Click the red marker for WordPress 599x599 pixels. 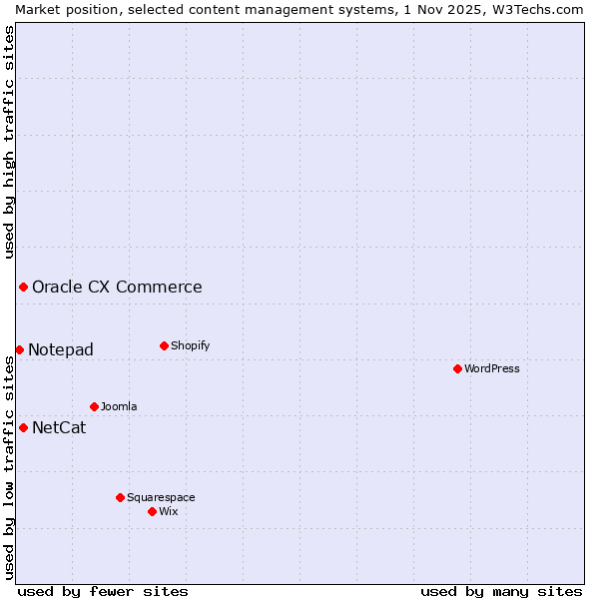click(x=457, y=368)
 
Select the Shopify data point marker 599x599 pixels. click(x=164, y=345)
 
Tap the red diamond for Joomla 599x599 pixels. click(x=94, y=406)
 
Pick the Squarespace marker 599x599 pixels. click(x=120, y=497)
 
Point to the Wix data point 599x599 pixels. click(x=152, y=511)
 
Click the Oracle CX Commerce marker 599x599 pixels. click(x=23, y=287)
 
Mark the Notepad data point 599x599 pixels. click(x=19, y=349)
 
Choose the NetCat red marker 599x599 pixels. click(x=23, y=427)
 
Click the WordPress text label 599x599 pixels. click(x=492, y=368)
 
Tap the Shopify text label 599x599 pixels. click(x=190, y=345)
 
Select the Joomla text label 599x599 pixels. click(x=119, y=406)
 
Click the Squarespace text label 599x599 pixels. click(x=161, y=497)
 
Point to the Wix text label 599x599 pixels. click(x=169, y=511)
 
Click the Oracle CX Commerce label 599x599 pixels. click(x=117, y=288)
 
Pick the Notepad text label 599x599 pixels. click(x=61, y=349)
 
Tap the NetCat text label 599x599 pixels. click(x=59, y=428)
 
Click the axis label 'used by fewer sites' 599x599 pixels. click(x=103, y=591)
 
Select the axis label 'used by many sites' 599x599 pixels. click(x=501, y=591)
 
